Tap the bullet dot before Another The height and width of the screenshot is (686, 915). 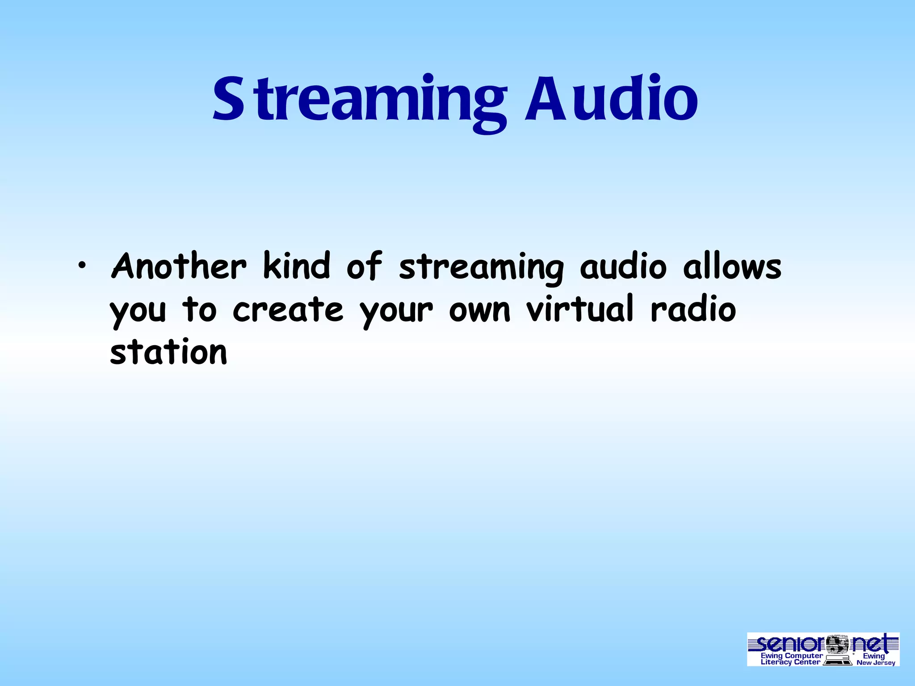pyautogui.click(x=81, y=267)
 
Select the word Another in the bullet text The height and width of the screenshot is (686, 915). pyautogui.click(x=178, y=267)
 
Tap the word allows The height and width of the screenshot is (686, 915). pyautogui.click(x=732, y=267)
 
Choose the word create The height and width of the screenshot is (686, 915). pyautogui.click(x=288, y=310)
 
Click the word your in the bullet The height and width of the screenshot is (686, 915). pyautogui.click(x=396, y=311)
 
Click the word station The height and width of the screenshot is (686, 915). pyautogui.click(x=168, y=352)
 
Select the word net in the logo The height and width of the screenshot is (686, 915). pyautogui.click(x=874, y=644)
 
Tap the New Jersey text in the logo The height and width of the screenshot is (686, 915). pyautogui.click(x=876, y=663)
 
